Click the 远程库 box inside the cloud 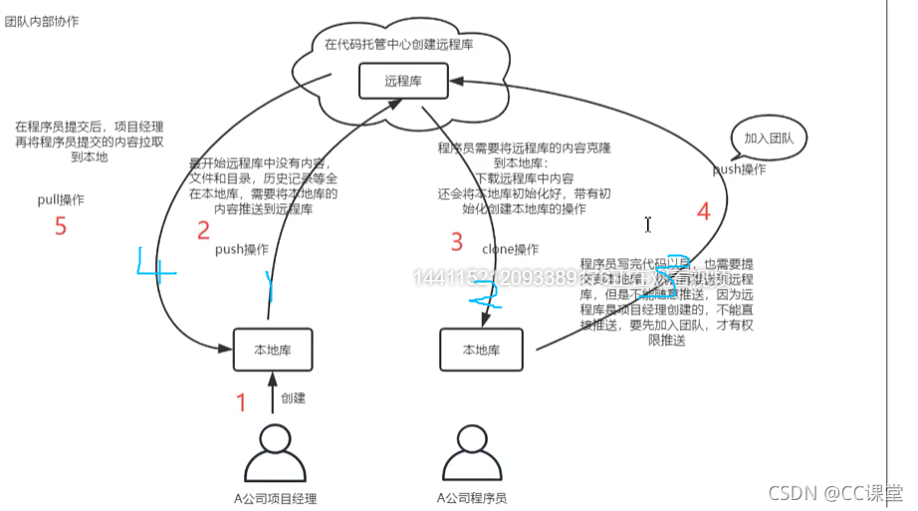coord(403,81)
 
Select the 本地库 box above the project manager coord(273,350)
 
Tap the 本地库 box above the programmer coord(481,350)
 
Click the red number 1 coord(240,402)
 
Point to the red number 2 coord(203,231)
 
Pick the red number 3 coord(457,241)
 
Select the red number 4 coord(703,211)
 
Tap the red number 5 coord(61,226)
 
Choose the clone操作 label coord(510,249)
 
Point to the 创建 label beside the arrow coord(293,398)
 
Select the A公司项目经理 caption coord(275,498)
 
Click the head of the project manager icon coord(274,439)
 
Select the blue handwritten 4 coord(151,269)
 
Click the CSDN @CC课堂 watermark coord(837,492)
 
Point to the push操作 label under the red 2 coord(242,249)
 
